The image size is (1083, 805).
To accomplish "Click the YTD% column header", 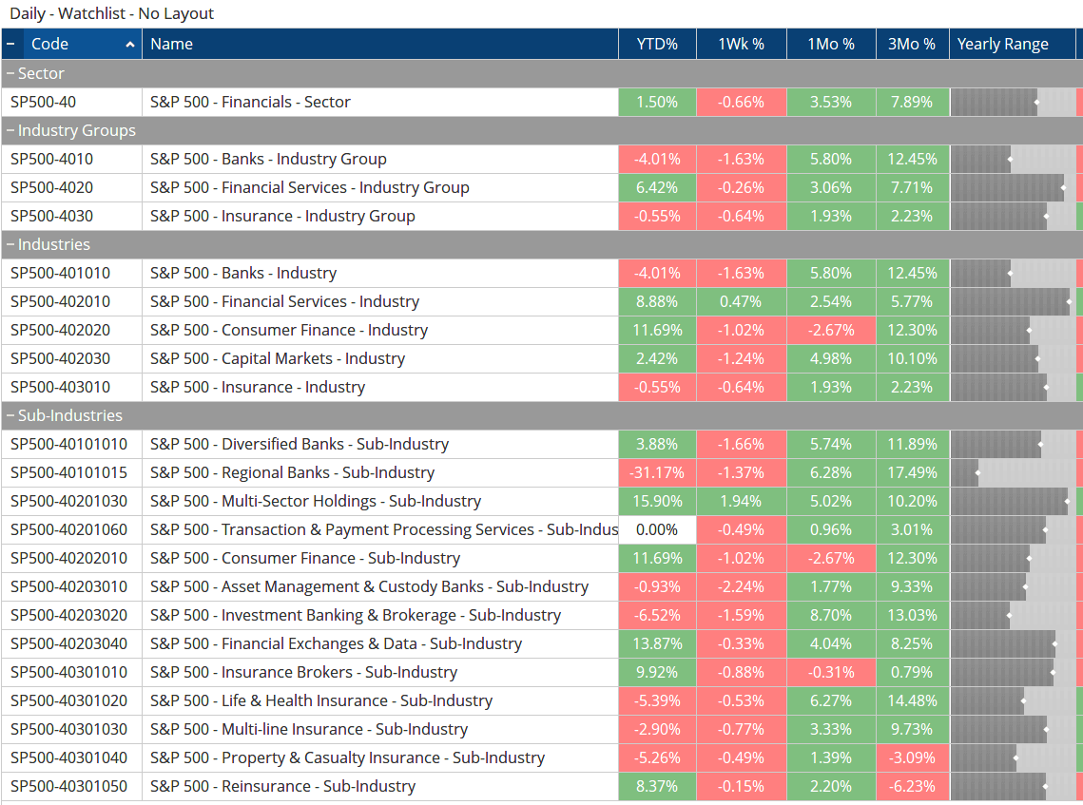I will tap(657, 44).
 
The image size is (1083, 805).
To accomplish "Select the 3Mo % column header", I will tap(912, 44).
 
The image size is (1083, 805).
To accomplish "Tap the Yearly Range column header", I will tap(1003, 44).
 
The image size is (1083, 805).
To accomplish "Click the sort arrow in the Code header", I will tap(130, 45).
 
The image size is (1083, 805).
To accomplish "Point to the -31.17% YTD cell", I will tap(657, 472).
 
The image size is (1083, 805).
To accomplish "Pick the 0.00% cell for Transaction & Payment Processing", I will tap(657, 529).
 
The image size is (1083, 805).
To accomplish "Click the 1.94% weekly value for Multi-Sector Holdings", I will tap(741, 501).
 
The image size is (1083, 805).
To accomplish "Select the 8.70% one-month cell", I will tap(831, 615).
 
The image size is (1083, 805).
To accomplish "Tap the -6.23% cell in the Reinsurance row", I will tap(912, 786).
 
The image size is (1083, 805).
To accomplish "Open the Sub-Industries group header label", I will tap(70, 415).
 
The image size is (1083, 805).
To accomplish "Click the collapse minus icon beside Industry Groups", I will tap(10, 130).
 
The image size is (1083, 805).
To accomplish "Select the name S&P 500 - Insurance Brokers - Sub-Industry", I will tap(303, 672).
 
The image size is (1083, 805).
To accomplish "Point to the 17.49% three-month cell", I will tap(912, 472).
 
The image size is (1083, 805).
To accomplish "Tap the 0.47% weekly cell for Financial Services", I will tap(741, 301).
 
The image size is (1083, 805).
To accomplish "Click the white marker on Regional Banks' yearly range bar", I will tap(977, 472).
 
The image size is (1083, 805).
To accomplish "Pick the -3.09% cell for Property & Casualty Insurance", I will tap(912, 757).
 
